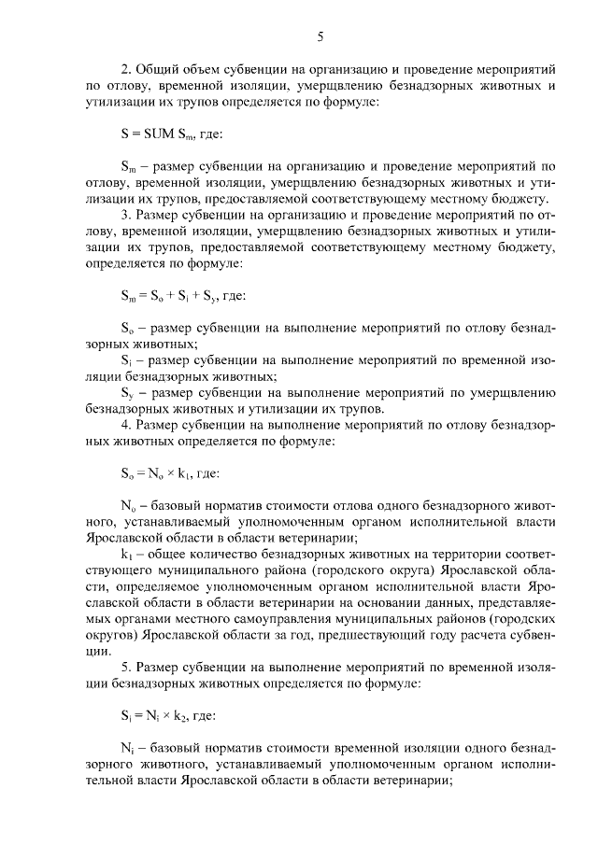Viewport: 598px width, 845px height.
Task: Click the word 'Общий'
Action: (155, 69)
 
